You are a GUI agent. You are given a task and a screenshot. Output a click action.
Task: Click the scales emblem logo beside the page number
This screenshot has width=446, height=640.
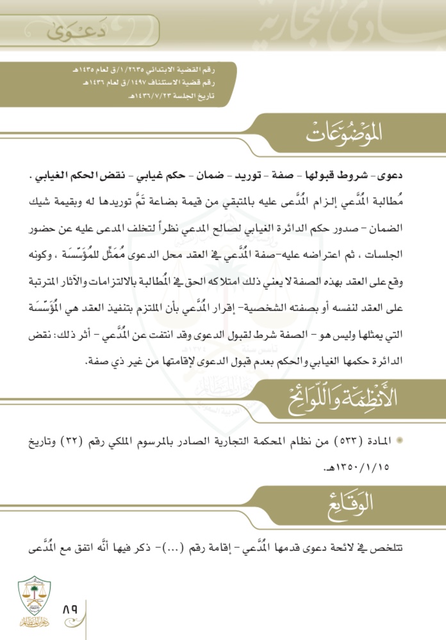click(x=31, y=600)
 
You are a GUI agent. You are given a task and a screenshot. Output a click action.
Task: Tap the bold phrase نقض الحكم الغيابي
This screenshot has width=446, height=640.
click(x=90, y=176)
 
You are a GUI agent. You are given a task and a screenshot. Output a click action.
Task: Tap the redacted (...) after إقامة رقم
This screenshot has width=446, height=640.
click(x=185, y=547)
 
